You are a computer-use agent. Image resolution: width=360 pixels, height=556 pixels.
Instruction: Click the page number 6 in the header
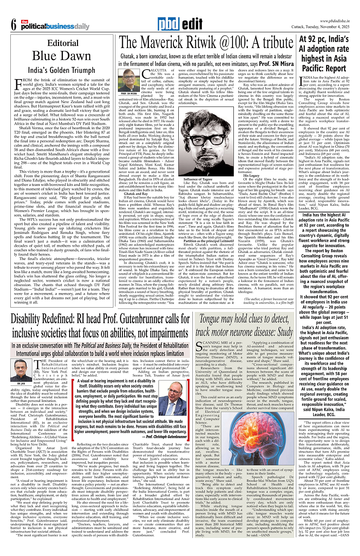pos(13,24)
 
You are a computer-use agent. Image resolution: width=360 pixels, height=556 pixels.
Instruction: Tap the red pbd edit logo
pos(175,24)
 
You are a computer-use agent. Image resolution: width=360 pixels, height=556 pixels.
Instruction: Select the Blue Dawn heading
pos(62,55)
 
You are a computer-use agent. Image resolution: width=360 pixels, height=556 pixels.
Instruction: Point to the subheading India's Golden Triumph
pos(62,70)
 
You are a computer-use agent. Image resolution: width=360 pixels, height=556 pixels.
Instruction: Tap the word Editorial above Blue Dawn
pos(62,43)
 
